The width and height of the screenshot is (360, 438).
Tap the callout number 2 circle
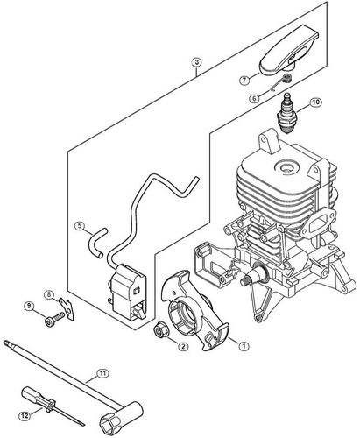coord(183,346)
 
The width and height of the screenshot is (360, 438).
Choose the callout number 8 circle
coord(49,294)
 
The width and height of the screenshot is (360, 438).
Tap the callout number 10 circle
coord(314,102)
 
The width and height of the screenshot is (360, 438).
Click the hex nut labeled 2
coord(161,330)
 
